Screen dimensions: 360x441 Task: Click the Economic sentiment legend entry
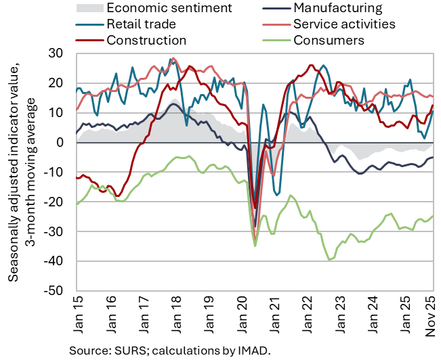(169, 9)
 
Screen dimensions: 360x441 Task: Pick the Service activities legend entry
(344, 24)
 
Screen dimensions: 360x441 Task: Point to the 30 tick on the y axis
(63, 53)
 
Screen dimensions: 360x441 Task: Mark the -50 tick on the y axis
(61, 291)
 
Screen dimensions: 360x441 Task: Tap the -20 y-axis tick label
(61, 202)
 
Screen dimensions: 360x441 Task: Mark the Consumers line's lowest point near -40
(329, 259)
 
